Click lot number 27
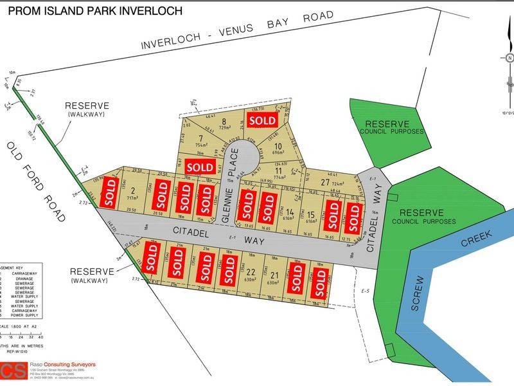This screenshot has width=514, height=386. pos(326,183)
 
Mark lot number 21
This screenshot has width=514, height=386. pos(274,275)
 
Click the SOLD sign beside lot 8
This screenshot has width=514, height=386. pos(263,120)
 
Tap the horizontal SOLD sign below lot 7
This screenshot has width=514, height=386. pos(200,167)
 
